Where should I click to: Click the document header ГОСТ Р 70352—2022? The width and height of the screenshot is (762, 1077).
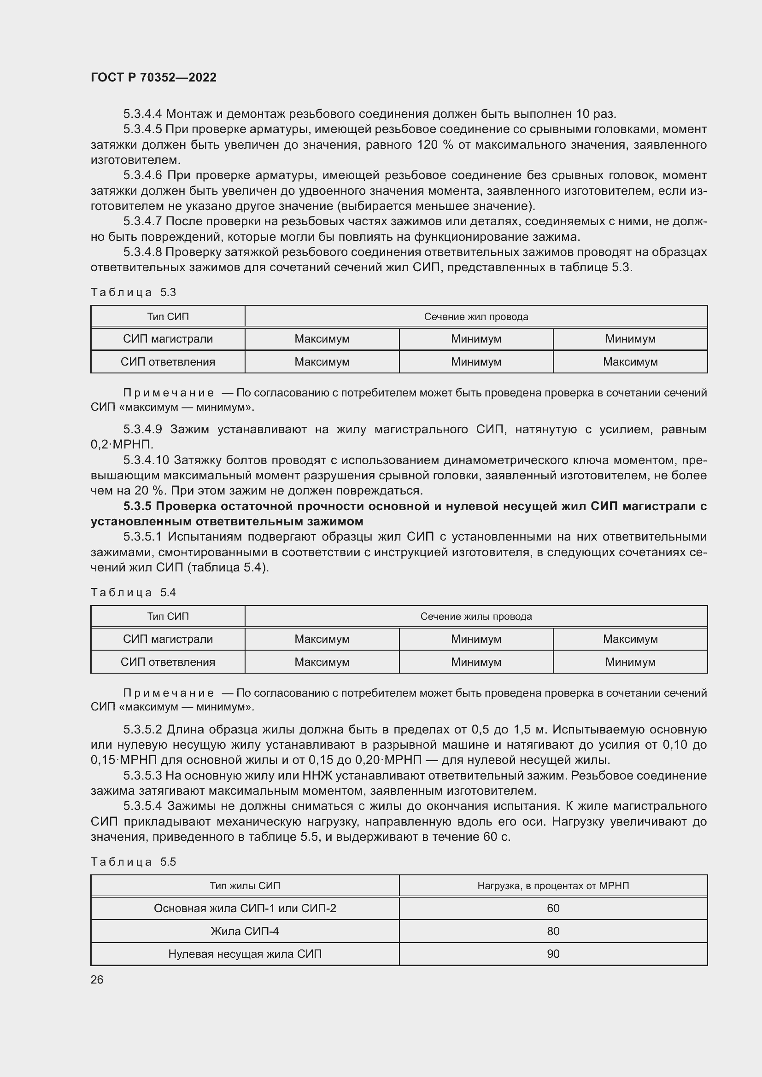pyautogui.click(x=153, y=77)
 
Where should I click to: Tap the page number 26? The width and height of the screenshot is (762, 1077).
pyautogui.click(x=97, y=979)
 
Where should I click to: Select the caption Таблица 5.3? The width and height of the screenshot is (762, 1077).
pyautogui.click(x=133, y=292)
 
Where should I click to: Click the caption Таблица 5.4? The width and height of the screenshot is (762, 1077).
pyautogui.click(x=133, y=593)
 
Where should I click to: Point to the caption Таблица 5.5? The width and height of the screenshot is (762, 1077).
pyautogui.click(x=133, y=862)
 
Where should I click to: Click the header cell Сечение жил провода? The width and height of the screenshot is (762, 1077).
pyautogui.click(x=476, y=317)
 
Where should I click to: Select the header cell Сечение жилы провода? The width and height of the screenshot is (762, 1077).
pyautogui.click(x=476, y=617)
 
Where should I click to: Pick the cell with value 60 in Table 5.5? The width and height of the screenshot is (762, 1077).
pyautogui.click(x=553, y=908)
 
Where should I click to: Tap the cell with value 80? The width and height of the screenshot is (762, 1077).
pyautogui.click(x=553, y=931)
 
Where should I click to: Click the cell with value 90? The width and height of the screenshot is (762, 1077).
pyautogui.click(x=553, y=954)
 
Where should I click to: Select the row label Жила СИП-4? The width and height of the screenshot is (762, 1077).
pyautogui.click(x=245, y=931)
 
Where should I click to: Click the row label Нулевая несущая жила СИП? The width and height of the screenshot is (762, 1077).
pyautogui.click(x=245, y=954)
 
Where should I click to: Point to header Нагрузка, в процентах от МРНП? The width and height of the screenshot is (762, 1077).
pyautogui.click(x=553, y=885)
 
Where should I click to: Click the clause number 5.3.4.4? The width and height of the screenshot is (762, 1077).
pyautogui.click(x=143, y=114)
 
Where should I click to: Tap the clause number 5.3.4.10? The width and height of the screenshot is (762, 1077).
pyautogui.click(x=146, y=460)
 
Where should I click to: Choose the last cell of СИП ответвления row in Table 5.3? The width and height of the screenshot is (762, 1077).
pyautogui.click(x=630, y=361)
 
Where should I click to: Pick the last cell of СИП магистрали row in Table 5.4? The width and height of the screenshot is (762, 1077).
pyautogui.click(x=630, y=639)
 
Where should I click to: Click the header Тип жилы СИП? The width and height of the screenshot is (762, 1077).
pyautogui.click(x=245, y=885)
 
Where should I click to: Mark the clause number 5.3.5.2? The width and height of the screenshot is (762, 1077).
pyautogui.click(x=143, y=729)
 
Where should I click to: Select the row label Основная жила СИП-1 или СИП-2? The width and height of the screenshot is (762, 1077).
pyautogui.click(x=245, y=908)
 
